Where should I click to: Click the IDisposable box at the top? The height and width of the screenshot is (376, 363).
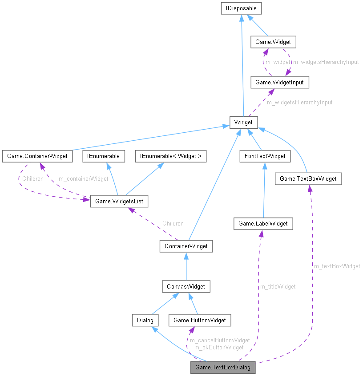click(241, 8)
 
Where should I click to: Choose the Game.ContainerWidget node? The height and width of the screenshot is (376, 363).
click(37, 156)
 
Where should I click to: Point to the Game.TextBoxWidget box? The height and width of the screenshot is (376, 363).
click(308, 179)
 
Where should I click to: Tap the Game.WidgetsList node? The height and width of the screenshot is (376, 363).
click(119, 201)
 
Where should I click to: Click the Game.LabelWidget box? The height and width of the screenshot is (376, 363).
click(263, 224)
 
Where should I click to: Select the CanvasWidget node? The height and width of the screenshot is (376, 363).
click(186, 286)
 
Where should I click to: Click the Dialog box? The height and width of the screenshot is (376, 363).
click(145, 320)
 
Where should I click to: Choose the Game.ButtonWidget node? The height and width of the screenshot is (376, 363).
click(200, 320)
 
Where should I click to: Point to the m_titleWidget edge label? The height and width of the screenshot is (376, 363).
click(278, 287)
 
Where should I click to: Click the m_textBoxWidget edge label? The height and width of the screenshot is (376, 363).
click(337, 266)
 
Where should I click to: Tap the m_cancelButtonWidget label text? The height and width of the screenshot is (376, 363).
click(219, 340)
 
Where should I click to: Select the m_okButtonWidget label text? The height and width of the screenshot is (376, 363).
click(219, 347)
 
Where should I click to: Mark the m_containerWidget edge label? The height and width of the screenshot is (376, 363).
click(83, 179)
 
